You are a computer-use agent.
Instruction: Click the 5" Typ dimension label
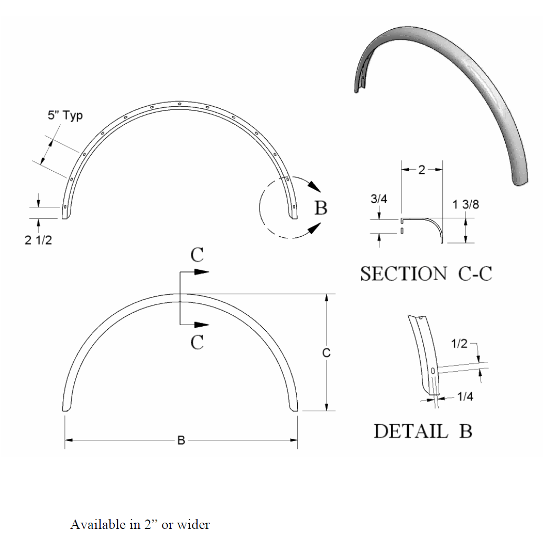pyautogui.click(x=62, y=116)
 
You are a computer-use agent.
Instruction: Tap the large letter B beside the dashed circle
pyautogui.click(x=321, y=208)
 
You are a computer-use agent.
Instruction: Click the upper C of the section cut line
pyautogui.click(x=197, y=255)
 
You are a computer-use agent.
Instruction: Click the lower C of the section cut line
pyautogui.click(x=197, y=343)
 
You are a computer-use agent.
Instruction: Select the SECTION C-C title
pyautogui.click(x=426, y=274)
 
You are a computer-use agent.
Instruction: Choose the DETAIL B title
pyautogui.click(x=423, y=431)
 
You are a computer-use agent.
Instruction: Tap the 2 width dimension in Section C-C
pyautogui.click(x=422, y=170)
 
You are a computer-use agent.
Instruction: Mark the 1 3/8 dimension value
pyautogui.click(x=464, y=205)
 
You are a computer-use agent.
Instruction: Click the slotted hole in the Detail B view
pyautogui.click(x=432, y=371)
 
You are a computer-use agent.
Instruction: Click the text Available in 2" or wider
pyautogui.click(x=140, y=524)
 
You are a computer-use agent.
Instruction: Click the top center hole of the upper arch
pyautogui.click(x=180, y=104)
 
